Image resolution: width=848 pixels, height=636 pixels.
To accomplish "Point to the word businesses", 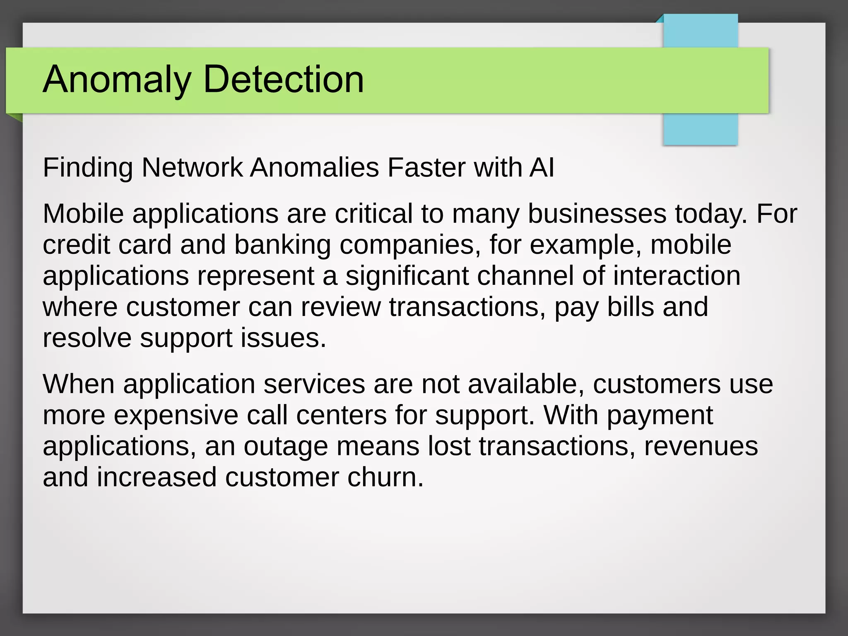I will tap(597, 214).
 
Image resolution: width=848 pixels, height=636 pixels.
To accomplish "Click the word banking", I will tap(282, 245).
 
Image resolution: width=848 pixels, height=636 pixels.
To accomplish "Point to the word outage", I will tap(285, 446).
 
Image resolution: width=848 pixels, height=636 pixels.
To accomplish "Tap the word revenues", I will tap(701, 446).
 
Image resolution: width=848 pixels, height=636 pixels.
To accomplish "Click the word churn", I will tap(385, 477).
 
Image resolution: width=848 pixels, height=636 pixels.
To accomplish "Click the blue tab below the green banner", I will tap(700, 129).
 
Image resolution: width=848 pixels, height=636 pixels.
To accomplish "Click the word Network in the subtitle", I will tap(192, 168).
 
